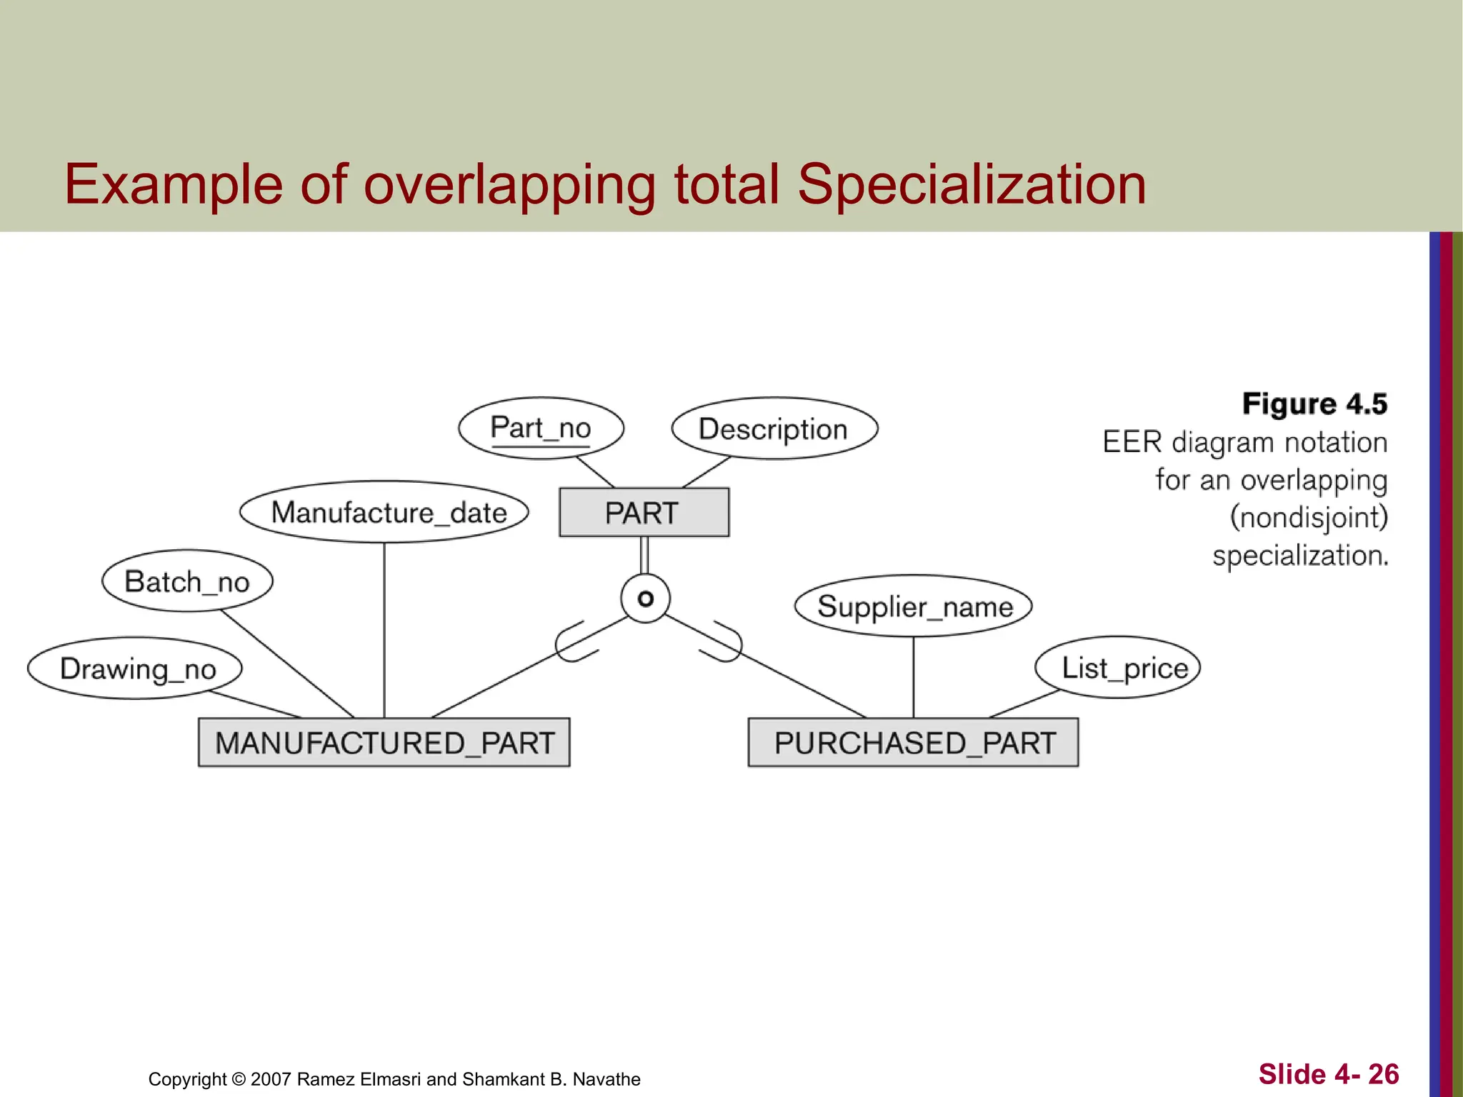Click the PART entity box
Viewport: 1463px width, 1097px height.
tap(644, 513)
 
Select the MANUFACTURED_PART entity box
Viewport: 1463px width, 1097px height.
tap(384, 743)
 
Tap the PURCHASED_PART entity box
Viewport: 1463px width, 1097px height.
tap(913, 743)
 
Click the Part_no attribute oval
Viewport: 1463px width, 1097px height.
tap(541, 429)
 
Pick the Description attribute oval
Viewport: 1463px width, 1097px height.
tap(774, 429)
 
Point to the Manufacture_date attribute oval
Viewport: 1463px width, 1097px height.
tap(384, 512)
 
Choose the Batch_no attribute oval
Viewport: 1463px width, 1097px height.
tap(187, 581)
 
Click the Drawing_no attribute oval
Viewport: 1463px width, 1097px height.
tap(135, 668)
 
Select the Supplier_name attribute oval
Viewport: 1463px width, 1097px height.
tap(914, 606)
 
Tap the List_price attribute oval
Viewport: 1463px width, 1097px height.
tap(1118, 668)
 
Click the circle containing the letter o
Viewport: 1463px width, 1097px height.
tap(645, 598)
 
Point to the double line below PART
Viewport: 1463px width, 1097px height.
tap(644, 555)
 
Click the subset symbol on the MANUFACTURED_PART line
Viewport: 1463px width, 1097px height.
tap(577, 641)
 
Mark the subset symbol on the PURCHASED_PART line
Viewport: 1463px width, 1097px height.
tap(721, 641)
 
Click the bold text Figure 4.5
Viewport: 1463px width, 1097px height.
tap(1314, 404)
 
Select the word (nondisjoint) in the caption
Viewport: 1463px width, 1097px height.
tap(1309, 517)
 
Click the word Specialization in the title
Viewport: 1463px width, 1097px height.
tap(971, 184)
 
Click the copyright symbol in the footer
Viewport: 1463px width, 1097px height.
tap(239, 1079)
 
